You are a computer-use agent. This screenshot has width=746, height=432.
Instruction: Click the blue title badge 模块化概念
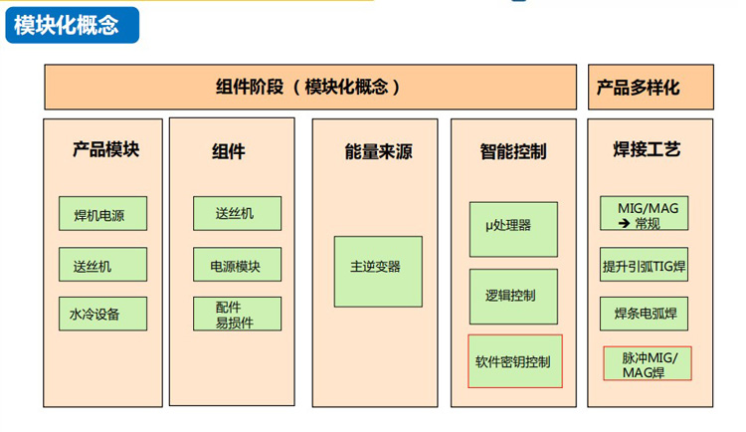click(x=73, y=25)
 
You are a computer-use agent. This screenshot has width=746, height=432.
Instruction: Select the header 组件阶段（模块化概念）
click(x=310, y=88)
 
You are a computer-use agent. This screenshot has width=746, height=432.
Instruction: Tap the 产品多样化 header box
click(x=651, y=88)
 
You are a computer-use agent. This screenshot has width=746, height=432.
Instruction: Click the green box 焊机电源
click(x=102, y=213)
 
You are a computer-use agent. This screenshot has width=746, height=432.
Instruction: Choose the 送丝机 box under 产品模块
click(x=102, y=265)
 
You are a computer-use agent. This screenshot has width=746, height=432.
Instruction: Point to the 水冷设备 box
click(x=102, y=314)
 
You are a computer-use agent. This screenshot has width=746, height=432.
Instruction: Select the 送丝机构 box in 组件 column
click(x=237, y=213)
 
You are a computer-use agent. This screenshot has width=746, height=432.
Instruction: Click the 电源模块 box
click(x=237, y=265)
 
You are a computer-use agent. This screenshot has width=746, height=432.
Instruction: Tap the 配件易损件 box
click(x=237, y=314)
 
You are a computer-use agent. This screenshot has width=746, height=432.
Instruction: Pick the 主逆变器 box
click(x=378, y=272)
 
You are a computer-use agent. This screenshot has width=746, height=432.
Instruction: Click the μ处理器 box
click(x=514, y=230)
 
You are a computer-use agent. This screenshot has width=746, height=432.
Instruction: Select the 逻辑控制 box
click(x=514, y=297)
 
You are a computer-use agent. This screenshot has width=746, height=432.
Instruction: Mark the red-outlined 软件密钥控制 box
click(x=515, y=361)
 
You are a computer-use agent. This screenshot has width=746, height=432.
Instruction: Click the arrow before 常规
click(x=625, y=223)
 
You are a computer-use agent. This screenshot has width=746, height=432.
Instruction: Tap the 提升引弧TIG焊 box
click(x=644, y=265)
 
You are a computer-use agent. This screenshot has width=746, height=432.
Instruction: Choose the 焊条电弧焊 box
click(x=644, y=314)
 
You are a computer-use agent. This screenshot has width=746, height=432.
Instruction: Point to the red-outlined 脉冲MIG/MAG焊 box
click(x=648, y=363)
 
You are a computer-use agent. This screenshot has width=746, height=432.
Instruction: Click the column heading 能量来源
click(x=378, y=152)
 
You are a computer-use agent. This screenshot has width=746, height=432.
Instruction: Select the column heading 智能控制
click(x=513, y=152)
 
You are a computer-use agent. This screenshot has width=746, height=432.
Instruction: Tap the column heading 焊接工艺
click(x=648, y=149)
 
